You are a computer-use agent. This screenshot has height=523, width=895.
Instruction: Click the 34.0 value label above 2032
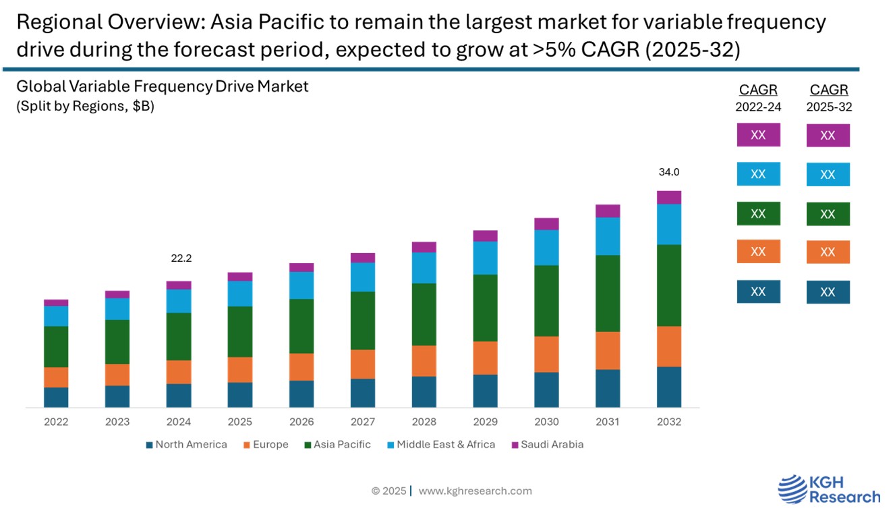[x=669, y=173]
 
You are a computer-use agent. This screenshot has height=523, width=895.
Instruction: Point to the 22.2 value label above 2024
[x=179, y=258]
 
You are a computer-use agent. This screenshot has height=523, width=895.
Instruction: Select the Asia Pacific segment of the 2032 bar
[x=669, y=285]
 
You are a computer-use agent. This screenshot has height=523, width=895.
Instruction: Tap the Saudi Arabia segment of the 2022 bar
[x=56, y=302]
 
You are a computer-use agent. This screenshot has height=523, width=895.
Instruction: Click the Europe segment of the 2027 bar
[x=363, y=364]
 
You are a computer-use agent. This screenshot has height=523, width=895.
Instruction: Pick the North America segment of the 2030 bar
[x=547, y=389]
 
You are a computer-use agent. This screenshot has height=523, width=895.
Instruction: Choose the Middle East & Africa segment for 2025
[x=240, y=294]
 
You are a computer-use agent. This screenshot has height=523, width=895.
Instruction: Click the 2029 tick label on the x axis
[x=486, y=422]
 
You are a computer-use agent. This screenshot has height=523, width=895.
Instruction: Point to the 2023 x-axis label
[x=117, y=422]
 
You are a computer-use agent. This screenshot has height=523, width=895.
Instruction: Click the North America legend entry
[x=186, y=445]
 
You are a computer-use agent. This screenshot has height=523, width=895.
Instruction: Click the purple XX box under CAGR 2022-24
[x=758, y=135]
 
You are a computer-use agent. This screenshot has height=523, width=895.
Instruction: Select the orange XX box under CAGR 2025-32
[x=828, y=252]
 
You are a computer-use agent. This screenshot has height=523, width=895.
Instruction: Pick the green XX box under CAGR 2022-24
[x=758, y=214]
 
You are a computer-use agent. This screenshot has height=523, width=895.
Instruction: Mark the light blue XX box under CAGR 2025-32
[x=828, y=175]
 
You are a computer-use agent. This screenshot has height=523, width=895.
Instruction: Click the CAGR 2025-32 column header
[x=829, y=97]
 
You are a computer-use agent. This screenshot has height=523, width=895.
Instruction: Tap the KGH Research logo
[x=829, y=489]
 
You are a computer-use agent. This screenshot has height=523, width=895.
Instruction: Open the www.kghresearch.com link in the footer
[x=475, y=491]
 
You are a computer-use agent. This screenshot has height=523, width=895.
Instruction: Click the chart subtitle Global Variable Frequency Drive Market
[x=163, y=86]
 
